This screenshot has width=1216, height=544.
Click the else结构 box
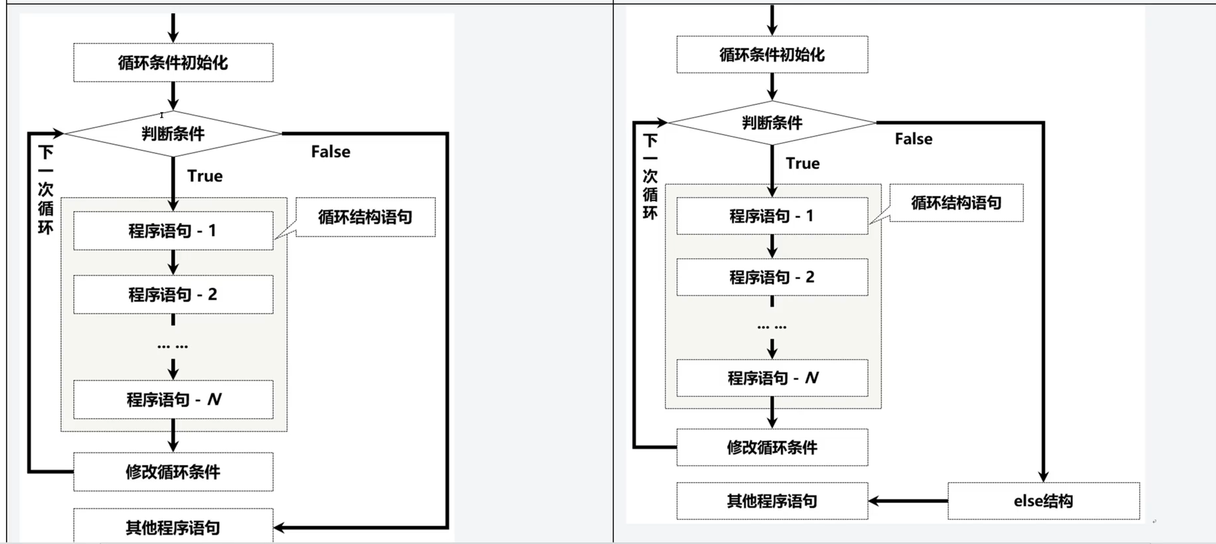click(x=1043, y=501)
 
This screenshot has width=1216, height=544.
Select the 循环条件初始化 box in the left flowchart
click(x=173, y=63)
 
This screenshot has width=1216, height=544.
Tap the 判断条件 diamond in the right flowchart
click(x=771, y=123)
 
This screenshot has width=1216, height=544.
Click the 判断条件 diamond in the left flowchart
click(x=173, y=134)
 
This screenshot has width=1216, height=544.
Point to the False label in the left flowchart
click(x=331, y=152)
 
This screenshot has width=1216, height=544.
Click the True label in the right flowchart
click(x=802, y=164)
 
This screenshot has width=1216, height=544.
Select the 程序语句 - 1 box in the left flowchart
click(x=173, y=231)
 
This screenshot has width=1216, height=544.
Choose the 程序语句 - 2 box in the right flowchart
click(x=771, y=277)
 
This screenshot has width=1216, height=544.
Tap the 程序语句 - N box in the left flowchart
click(x=173, y=400)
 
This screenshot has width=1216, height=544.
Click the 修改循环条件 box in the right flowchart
click(x=771, y=448)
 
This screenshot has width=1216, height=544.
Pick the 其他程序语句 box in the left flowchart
click(x=173, y=527)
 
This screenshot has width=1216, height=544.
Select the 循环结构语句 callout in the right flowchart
click(x=956, y=203)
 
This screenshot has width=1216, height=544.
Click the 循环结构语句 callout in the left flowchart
click(x=365, y=218)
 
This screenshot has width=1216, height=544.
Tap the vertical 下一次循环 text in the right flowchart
click(x=651, y=177)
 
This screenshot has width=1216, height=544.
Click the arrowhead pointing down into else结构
click(x=1043, y=475)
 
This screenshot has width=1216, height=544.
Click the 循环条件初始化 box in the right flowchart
click(x=771, y=55)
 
